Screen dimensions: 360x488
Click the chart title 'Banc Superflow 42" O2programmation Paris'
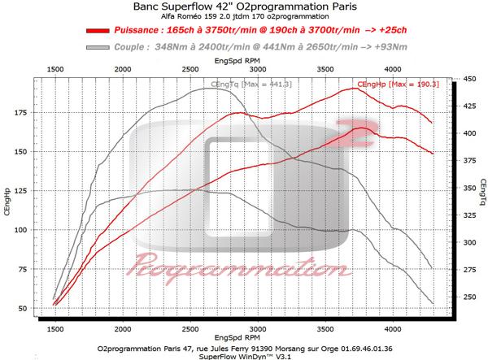[244, 8]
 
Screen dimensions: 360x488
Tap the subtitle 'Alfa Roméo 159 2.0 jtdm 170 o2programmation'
[244, 18]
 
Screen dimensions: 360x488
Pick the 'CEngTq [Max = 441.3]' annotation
[242, 85]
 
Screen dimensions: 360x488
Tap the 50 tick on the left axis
[20, 309]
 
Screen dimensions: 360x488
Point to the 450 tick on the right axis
[468, 80]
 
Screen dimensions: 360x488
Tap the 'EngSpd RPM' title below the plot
[242, 339]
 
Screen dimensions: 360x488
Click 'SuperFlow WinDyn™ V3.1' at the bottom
[244, 355]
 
